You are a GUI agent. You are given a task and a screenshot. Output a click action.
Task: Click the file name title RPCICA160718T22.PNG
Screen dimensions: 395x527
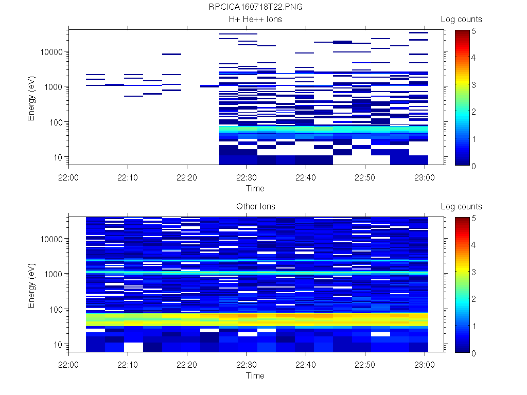coord(255,8)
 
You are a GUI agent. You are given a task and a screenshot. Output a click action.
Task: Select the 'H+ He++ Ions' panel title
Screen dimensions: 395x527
coord(255,20)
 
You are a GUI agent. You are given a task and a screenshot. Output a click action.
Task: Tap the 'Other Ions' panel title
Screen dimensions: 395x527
coord(255,207)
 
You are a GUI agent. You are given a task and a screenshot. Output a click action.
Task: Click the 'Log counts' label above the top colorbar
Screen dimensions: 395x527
coord(461,20)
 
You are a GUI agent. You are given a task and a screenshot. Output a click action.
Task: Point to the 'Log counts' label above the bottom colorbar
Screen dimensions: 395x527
coord(461,207)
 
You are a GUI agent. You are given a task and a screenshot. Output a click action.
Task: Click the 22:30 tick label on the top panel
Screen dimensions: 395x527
coord(247,177)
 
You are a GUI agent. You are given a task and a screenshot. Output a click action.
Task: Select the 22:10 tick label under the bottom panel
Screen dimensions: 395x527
coord(128,364)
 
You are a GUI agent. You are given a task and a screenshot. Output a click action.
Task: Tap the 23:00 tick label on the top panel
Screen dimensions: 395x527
coord(425,177)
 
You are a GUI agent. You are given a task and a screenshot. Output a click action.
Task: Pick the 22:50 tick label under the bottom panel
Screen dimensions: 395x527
coord(365,364)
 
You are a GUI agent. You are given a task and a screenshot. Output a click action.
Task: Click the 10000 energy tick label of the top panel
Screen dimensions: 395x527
coord(51,52)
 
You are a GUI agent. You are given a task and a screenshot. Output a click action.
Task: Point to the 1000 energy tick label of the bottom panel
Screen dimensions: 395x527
coord(54,274)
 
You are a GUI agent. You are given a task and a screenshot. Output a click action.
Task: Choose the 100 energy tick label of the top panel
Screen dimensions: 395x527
coord(56,122)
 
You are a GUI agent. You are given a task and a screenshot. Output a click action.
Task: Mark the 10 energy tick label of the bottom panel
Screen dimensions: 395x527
coord(58,345)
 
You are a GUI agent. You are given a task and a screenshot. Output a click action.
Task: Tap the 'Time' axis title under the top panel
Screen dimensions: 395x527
coord(255,188)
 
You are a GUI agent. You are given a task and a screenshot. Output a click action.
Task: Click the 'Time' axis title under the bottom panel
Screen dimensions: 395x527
coord(255,375)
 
